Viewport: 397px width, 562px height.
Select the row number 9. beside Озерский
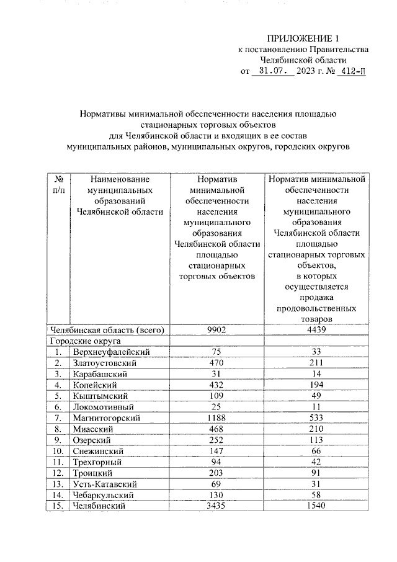coord(57,440)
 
